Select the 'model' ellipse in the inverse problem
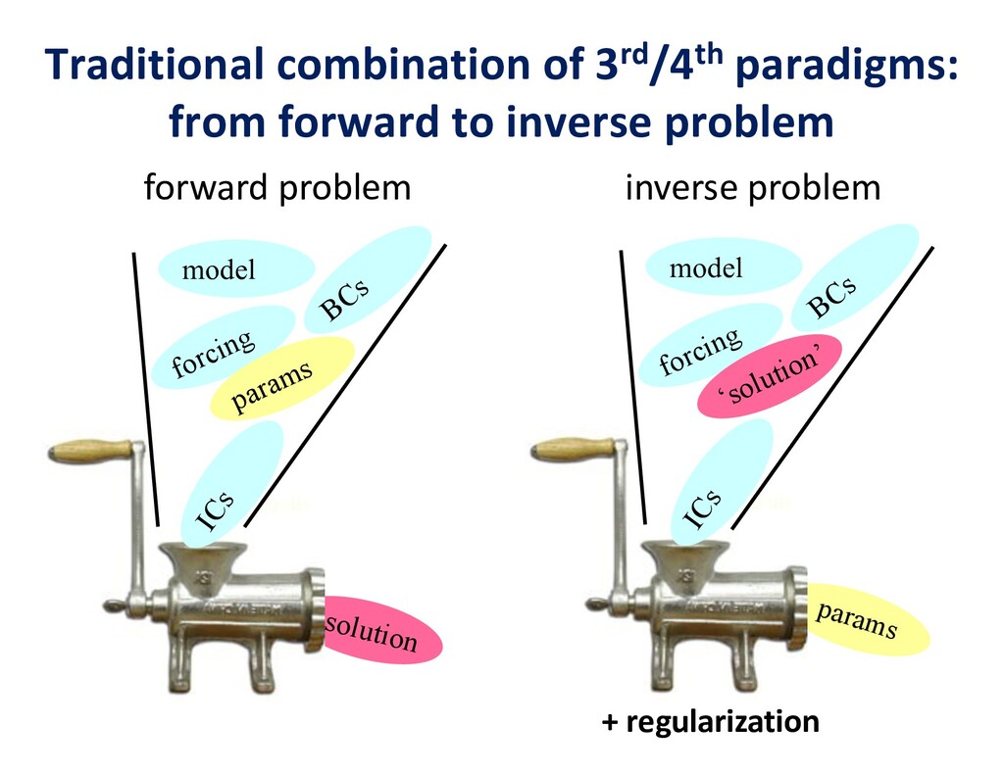[x=724, y=266]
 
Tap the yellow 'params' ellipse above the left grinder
[x=282, y=378]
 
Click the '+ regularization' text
[x=710, y=723]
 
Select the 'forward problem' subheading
[x=276, y=187]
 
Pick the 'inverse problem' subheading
[x=753, y=187]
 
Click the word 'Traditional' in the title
[x=157, y=66]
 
